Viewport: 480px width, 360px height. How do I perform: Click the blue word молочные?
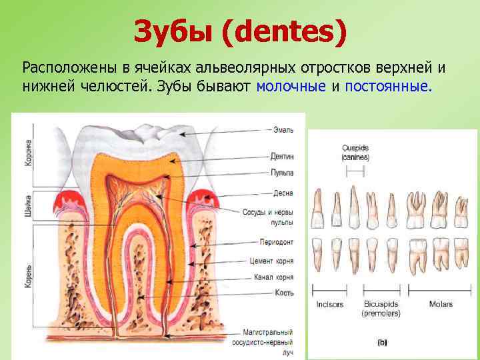[x=291, y=86]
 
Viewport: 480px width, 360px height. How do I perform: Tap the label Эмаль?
[x=282, y=130]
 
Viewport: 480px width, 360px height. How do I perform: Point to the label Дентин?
[x=283, y=157]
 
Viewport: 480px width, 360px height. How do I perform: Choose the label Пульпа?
[x=283, y=172]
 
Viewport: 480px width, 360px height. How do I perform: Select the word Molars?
[x=441, y=304]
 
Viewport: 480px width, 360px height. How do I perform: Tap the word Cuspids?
[x=355, y=148]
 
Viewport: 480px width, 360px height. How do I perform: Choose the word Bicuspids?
[x=381, y=304]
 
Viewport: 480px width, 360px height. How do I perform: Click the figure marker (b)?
[x=382, y=342]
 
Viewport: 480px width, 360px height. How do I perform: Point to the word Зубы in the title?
[x=175, y=31]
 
